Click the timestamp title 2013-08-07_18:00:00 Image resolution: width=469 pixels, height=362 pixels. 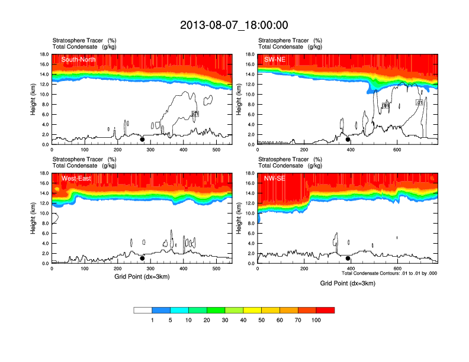pos(234,25)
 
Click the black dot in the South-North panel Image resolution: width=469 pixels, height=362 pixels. pos(142,140)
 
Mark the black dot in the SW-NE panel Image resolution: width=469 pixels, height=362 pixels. pos(348,140)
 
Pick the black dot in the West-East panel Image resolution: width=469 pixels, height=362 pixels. pos(142,258)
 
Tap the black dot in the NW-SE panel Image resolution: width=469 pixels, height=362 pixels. pos(348,258)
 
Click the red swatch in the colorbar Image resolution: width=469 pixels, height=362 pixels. pos(325,310)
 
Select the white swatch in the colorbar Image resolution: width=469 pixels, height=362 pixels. pos(143,310)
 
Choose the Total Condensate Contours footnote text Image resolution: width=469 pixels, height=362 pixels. pos(389,273)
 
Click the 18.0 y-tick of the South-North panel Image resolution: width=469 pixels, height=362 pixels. pos(43,54)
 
